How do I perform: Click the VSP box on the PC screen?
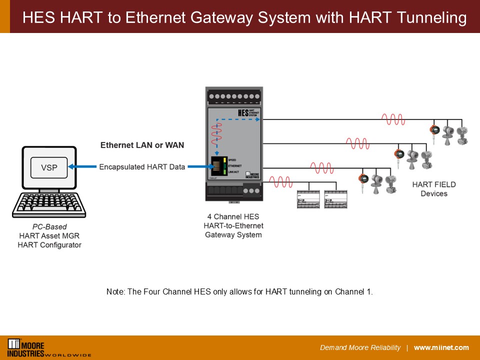(49, 167)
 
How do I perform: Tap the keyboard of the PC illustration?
(49, 203)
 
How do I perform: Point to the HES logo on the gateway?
(243, 113)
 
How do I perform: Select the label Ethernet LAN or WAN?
(142, 145)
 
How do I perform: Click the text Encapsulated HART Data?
(142, 167)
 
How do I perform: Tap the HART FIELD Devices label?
(434, 189)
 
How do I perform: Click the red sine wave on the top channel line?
(393, 119)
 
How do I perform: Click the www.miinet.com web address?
(441, 348)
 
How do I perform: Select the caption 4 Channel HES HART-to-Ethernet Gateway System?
(233, 225)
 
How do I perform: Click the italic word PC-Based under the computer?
(49, 227)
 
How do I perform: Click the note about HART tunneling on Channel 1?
(239, 291)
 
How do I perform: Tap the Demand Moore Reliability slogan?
(360, 348)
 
